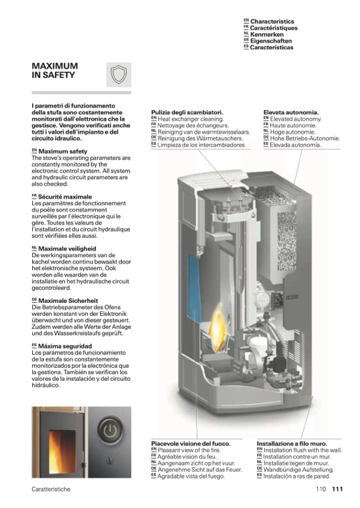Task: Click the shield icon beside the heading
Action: click(119, 75)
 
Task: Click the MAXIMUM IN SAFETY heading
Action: click(55, 70)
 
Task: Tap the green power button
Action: click(110, 430)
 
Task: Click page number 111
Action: click(337, 489)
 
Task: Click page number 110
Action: click(321, 489)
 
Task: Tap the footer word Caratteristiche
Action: click(51, 489)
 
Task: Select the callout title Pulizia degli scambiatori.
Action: click(188, 113)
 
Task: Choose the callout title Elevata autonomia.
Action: click(291, 113)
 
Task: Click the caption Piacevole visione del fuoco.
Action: click(191, 444)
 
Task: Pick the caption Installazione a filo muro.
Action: click(292, 444)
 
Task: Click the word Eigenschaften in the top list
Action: click(271, 41)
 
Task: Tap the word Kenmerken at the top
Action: click(267, 34)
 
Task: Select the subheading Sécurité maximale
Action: click(65, 197)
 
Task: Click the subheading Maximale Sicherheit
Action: click(68, 301)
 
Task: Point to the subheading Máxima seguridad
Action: click(65, 346)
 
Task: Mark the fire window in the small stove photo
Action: click(62, 452)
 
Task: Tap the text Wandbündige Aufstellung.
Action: click(298, 469)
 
